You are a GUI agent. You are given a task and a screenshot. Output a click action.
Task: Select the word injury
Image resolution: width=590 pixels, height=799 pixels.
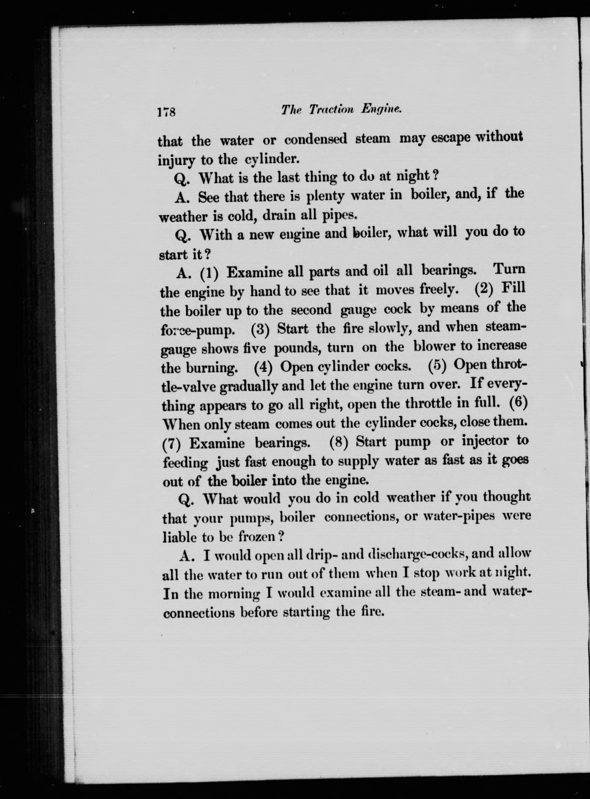tap(177, 161)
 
